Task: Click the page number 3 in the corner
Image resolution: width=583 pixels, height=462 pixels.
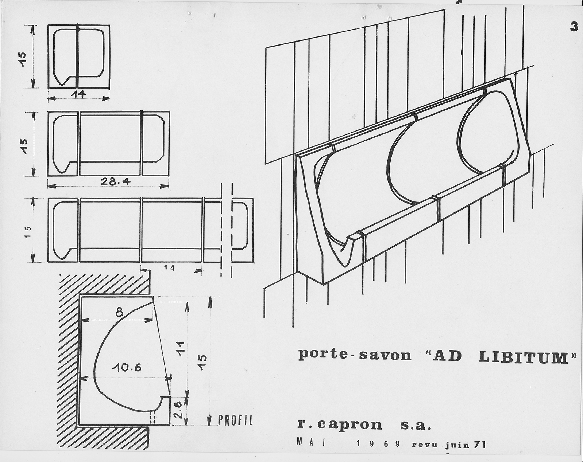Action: tap(574, 27)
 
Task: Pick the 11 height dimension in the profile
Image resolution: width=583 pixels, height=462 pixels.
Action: tap(181, 348)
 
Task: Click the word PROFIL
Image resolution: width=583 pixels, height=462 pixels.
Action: tap(235, 428)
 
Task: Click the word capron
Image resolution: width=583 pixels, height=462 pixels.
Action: tap(349, 425)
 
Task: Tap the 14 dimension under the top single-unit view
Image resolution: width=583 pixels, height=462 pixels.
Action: tap(78, 94)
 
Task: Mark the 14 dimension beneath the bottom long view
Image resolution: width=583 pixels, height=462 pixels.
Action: tap(169, 268)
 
